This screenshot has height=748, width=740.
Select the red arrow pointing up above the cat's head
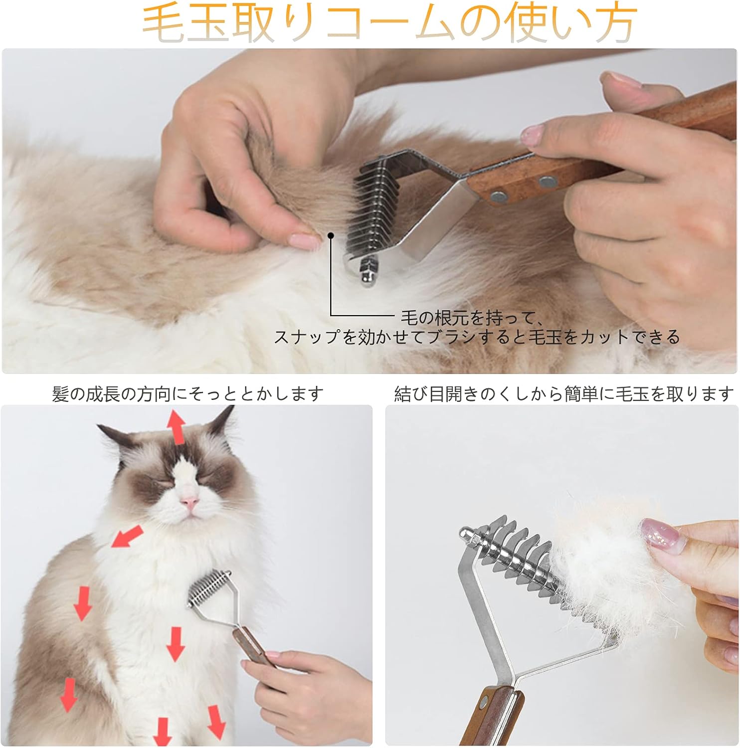[176, 427]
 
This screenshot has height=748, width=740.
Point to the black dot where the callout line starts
[330, 235]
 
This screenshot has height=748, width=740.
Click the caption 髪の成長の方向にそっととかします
[187, 394]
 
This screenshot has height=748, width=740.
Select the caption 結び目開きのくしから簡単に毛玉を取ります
[563, 394]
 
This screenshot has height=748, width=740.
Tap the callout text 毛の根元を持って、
[472, 318]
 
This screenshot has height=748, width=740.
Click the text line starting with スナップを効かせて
[477, 338]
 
